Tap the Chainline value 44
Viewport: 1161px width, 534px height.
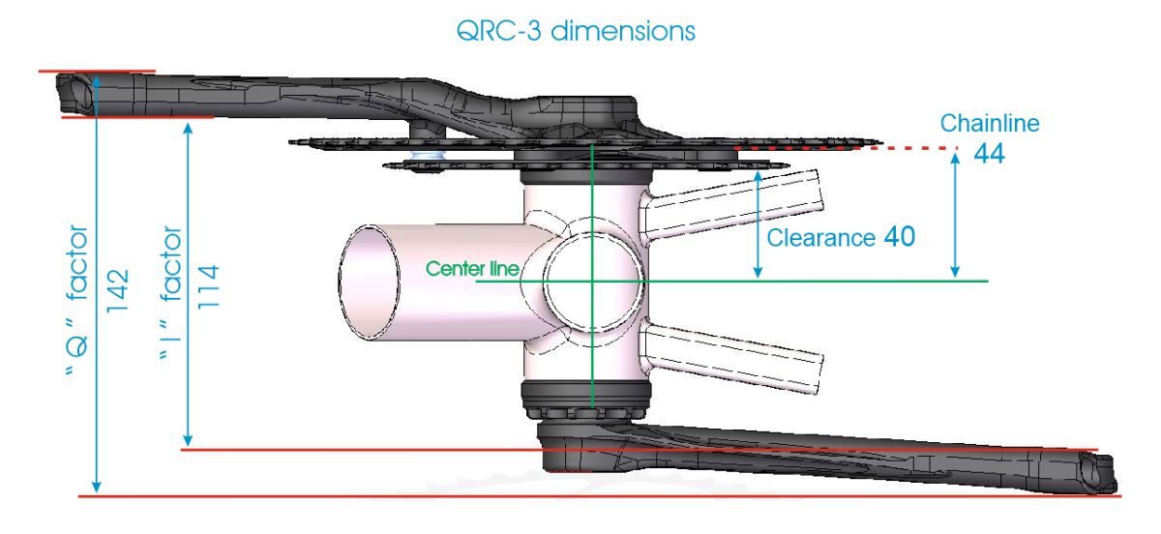point(988,154)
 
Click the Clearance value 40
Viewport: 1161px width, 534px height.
point(899,235)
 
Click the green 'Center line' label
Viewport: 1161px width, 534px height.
point(472,268)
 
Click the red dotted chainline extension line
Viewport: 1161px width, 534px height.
point(909,148)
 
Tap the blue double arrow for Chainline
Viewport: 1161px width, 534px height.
point(956,215)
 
